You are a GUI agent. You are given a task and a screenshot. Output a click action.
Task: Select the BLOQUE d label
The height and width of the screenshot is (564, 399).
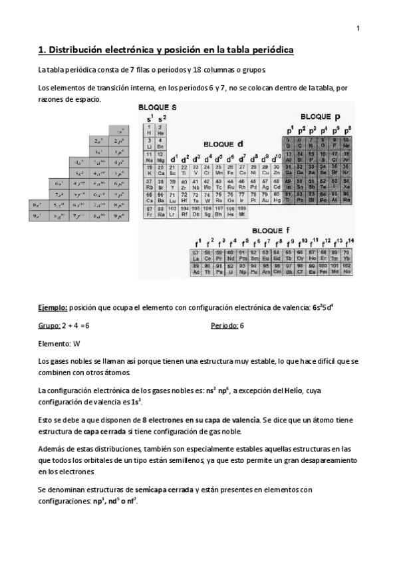(x=222, y=144)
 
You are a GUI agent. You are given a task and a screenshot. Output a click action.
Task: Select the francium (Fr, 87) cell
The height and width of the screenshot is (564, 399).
(x=150, y=211)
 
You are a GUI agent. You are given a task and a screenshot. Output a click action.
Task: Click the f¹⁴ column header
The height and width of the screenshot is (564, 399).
(x=349, y=241)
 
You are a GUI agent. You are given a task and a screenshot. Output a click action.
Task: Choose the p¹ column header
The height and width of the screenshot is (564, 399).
(x=289, y=129)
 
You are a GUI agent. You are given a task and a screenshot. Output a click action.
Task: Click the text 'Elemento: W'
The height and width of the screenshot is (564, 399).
(x=59, y=344)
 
